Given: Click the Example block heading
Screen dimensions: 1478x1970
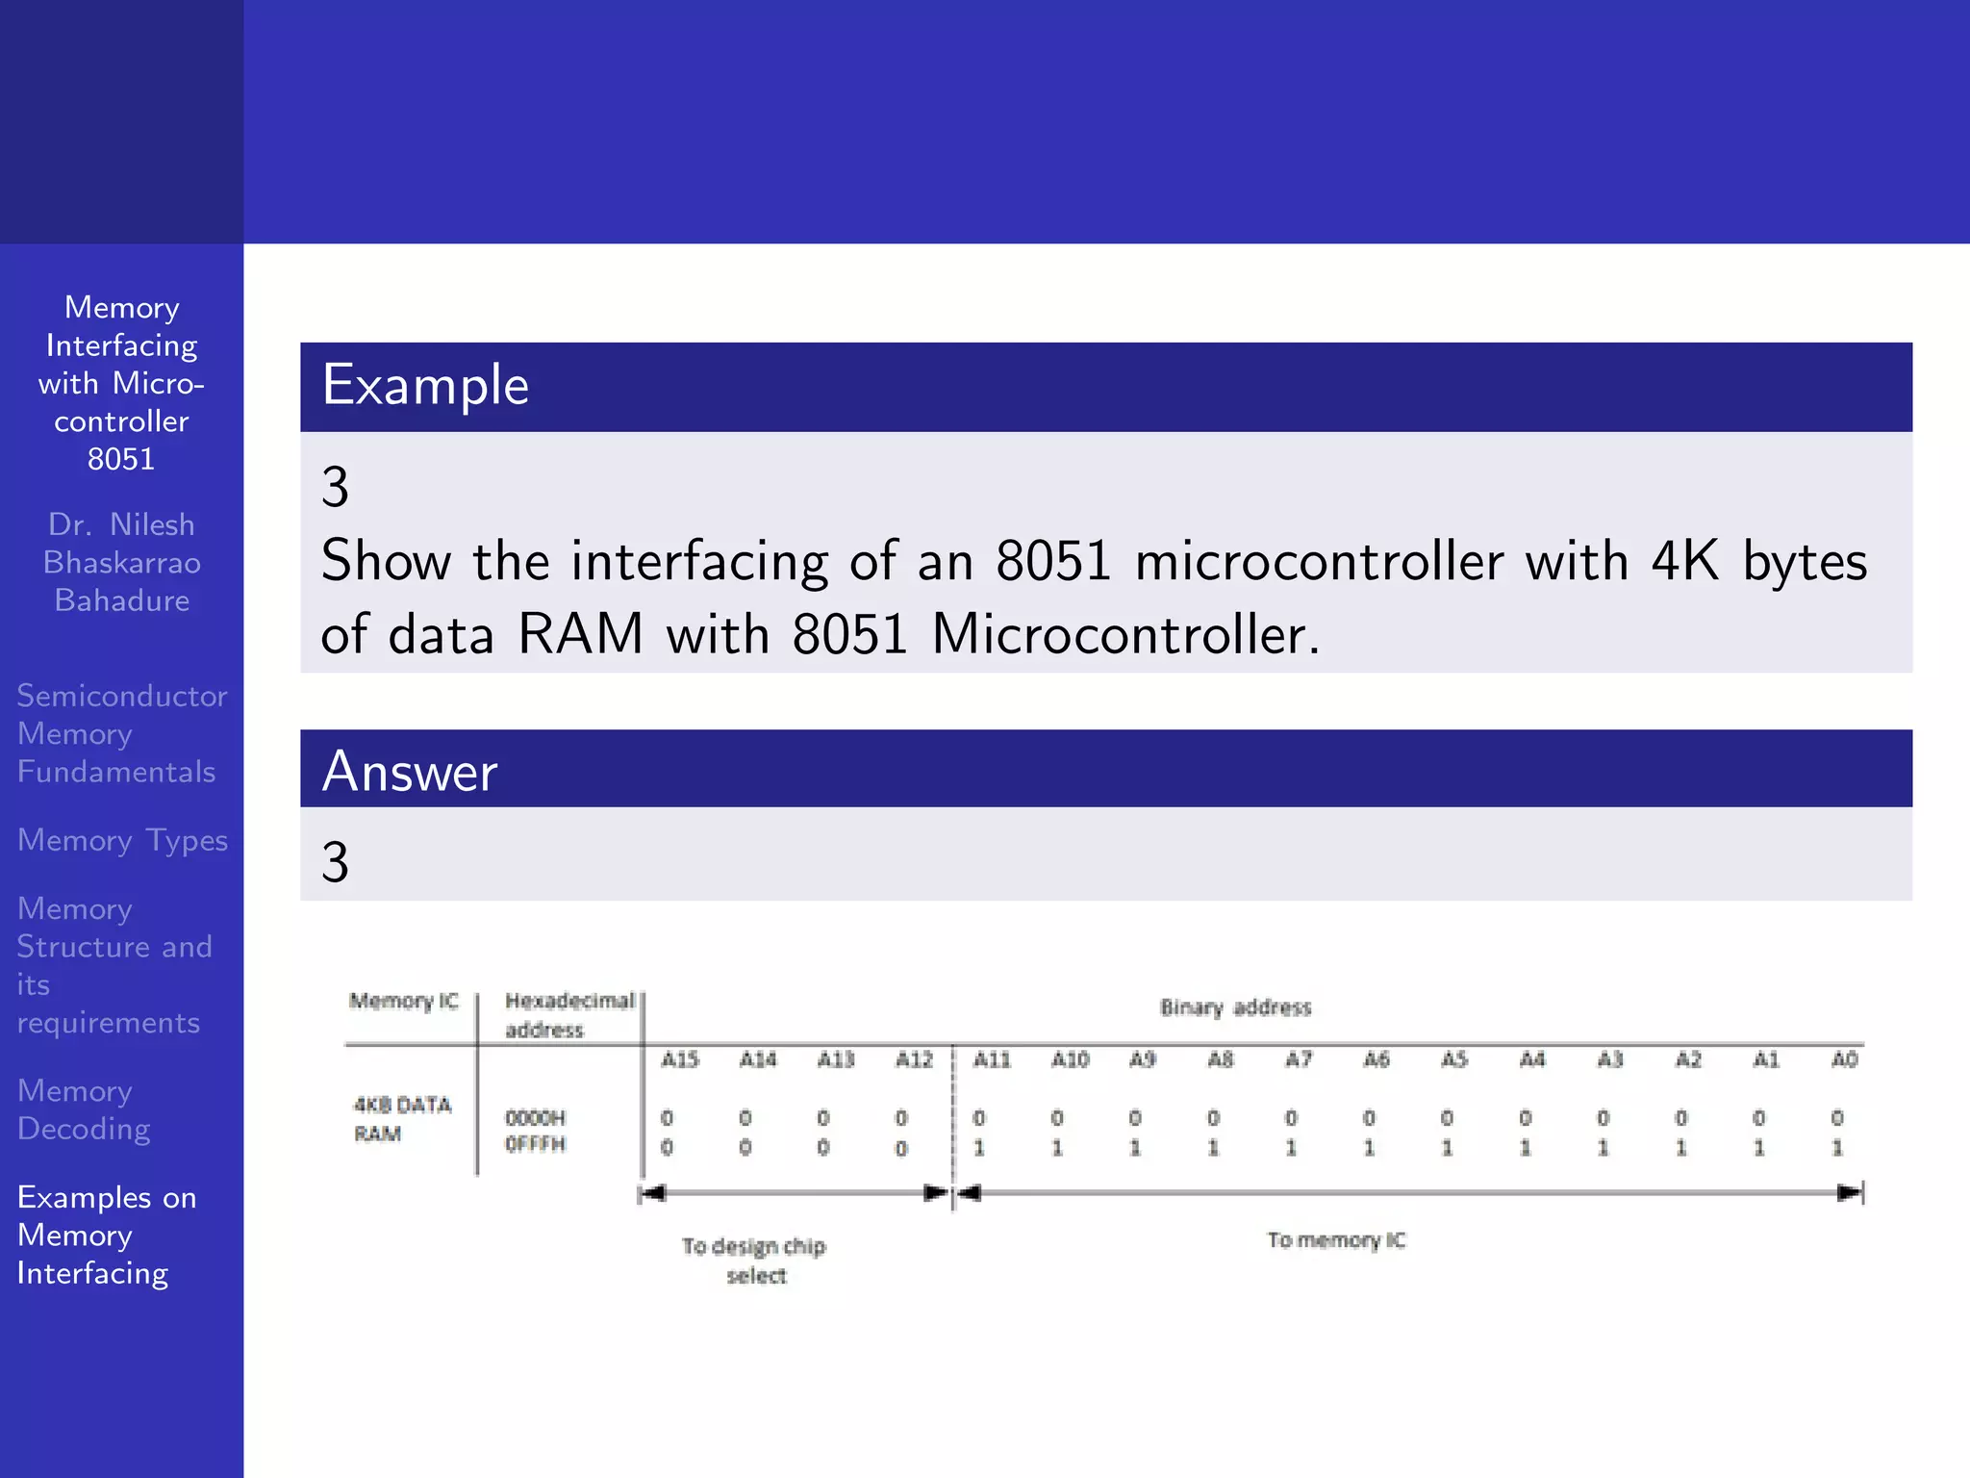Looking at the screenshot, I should click(425, 386).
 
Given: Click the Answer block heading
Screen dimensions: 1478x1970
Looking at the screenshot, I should click(410, 772).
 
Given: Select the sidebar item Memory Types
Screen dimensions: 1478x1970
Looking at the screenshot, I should click(122, 840).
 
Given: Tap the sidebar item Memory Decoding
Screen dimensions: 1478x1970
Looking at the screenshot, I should click(84, 1109).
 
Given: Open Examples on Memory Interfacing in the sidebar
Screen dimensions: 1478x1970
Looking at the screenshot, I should click(107, 1235).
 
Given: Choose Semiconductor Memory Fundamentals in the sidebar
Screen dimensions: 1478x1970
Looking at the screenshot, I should click(121, 733).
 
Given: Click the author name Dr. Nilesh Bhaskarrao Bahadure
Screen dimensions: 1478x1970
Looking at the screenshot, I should click(122, 562).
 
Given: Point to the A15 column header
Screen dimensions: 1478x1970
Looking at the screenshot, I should click(679, 1059).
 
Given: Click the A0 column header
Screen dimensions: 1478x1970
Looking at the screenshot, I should click(1844, 1059).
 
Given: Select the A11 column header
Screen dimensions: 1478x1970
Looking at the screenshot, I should click(992, 1059).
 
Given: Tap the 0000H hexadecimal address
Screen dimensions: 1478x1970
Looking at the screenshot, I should click(536, 1118).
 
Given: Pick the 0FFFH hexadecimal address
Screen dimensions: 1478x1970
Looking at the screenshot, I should click(536, 1144).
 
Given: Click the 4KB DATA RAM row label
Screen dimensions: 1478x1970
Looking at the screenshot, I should click(401, 1118).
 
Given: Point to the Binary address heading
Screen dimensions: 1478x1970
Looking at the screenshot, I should click(1235, 1007).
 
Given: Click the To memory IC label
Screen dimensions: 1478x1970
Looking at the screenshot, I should click(1336, 1240).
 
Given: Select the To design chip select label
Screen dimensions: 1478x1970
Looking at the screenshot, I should click(755, 1261).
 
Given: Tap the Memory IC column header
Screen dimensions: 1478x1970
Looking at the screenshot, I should click(403, 1001).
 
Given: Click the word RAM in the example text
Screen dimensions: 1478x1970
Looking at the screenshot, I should click(580, 635).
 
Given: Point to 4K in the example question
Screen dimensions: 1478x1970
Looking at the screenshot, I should click(1684, 561).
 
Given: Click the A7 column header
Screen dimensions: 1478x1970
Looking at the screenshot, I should click(1299, 1059).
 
